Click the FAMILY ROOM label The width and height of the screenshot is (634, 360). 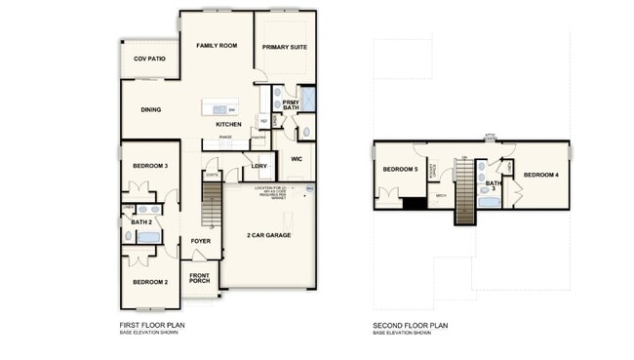click(217, 46)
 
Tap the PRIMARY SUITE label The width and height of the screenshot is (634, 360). click(285, 46)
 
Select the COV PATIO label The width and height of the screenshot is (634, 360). click(149, 60)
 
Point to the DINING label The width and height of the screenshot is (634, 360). click(150, 110)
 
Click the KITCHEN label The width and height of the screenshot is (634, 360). click(228, 125)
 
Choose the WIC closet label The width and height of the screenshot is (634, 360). click(297, 159)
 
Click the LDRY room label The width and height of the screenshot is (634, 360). click(258, 166)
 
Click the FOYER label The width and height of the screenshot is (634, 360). click(200, 240)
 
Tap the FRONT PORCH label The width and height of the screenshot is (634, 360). click(200, 278)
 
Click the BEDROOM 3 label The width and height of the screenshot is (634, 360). click(150, 166)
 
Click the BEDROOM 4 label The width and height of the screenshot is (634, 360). click(540, 175)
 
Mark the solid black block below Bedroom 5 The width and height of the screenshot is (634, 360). click(414, 203)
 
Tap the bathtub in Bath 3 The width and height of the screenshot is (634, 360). click(490, 203)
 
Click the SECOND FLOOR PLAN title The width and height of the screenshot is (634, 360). click(411, 325)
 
